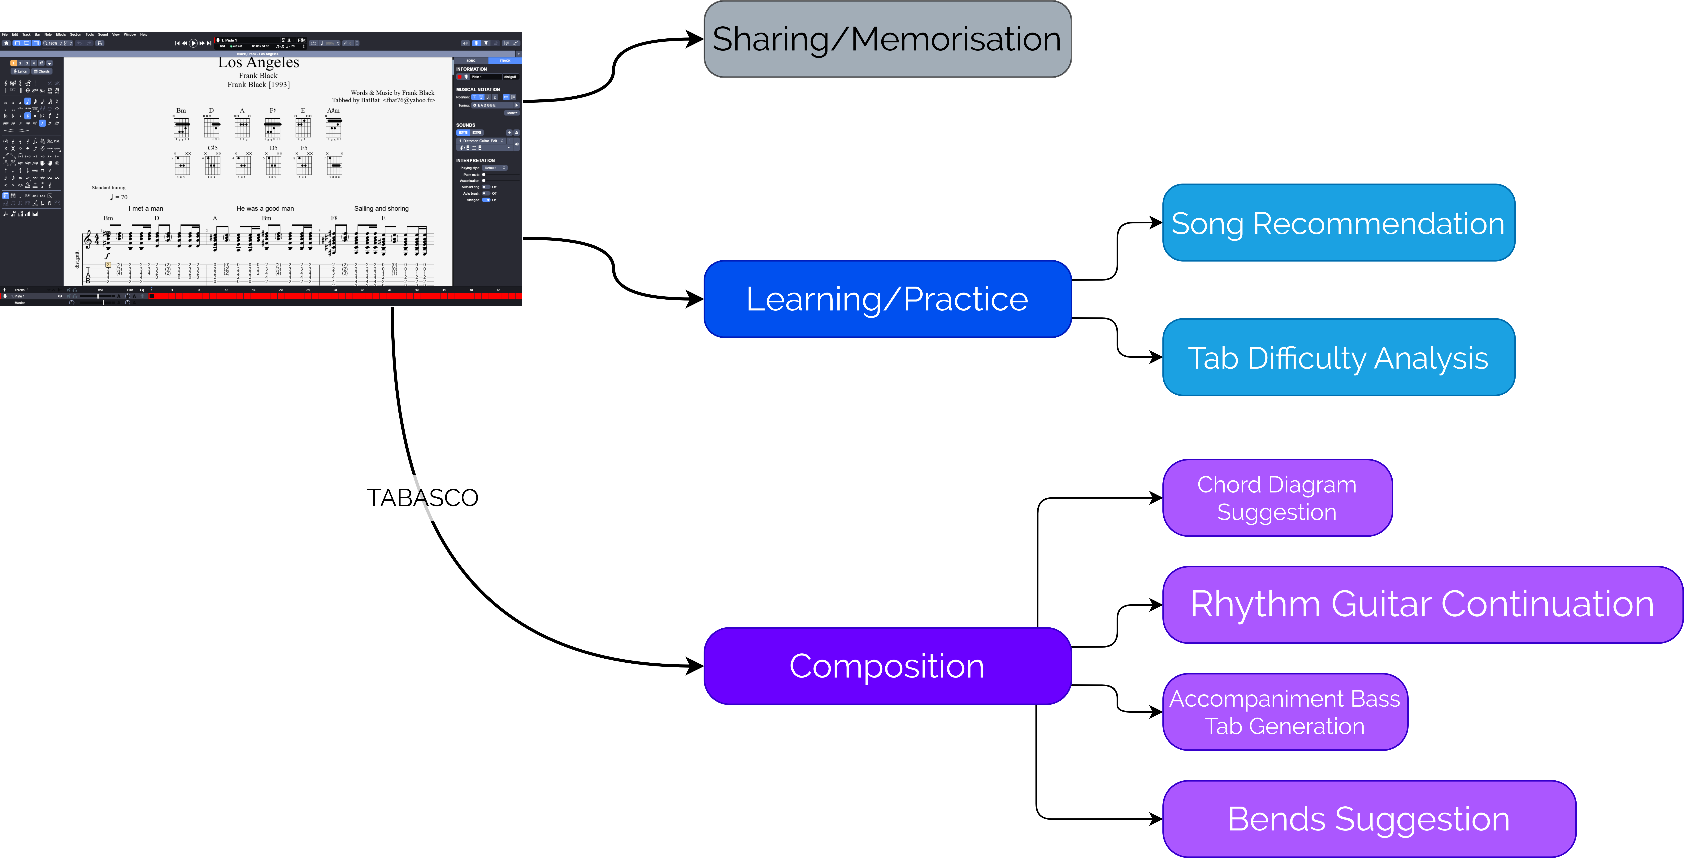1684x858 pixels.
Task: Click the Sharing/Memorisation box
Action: pos(887,39)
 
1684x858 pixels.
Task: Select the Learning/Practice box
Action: pos(887,299)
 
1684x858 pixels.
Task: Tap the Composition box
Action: pos(887,666)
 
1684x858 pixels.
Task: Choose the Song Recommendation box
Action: pos(1338,223)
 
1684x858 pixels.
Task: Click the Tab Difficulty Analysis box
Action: pos(1338,357)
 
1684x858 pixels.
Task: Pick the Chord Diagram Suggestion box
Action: pos(1277,498)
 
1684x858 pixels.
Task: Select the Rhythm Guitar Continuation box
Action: pos(1422,604)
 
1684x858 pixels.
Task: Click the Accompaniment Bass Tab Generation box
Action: pos(1285,712)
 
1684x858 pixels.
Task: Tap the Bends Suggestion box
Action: pos(1369,819)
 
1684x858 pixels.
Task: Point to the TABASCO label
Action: pos(422,498)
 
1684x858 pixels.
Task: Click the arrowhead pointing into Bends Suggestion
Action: pos(1155,819)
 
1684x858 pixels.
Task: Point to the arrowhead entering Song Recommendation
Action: pos(1155,223)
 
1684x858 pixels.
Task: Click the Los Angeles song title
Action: pos(259,63)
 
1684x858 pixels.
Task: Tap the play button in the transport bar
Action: pos(193,43)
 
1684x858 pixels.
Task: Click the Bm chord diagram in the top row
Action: pos(181,126)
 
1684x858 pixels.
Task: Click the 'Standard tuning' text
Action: pos(109,188)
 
